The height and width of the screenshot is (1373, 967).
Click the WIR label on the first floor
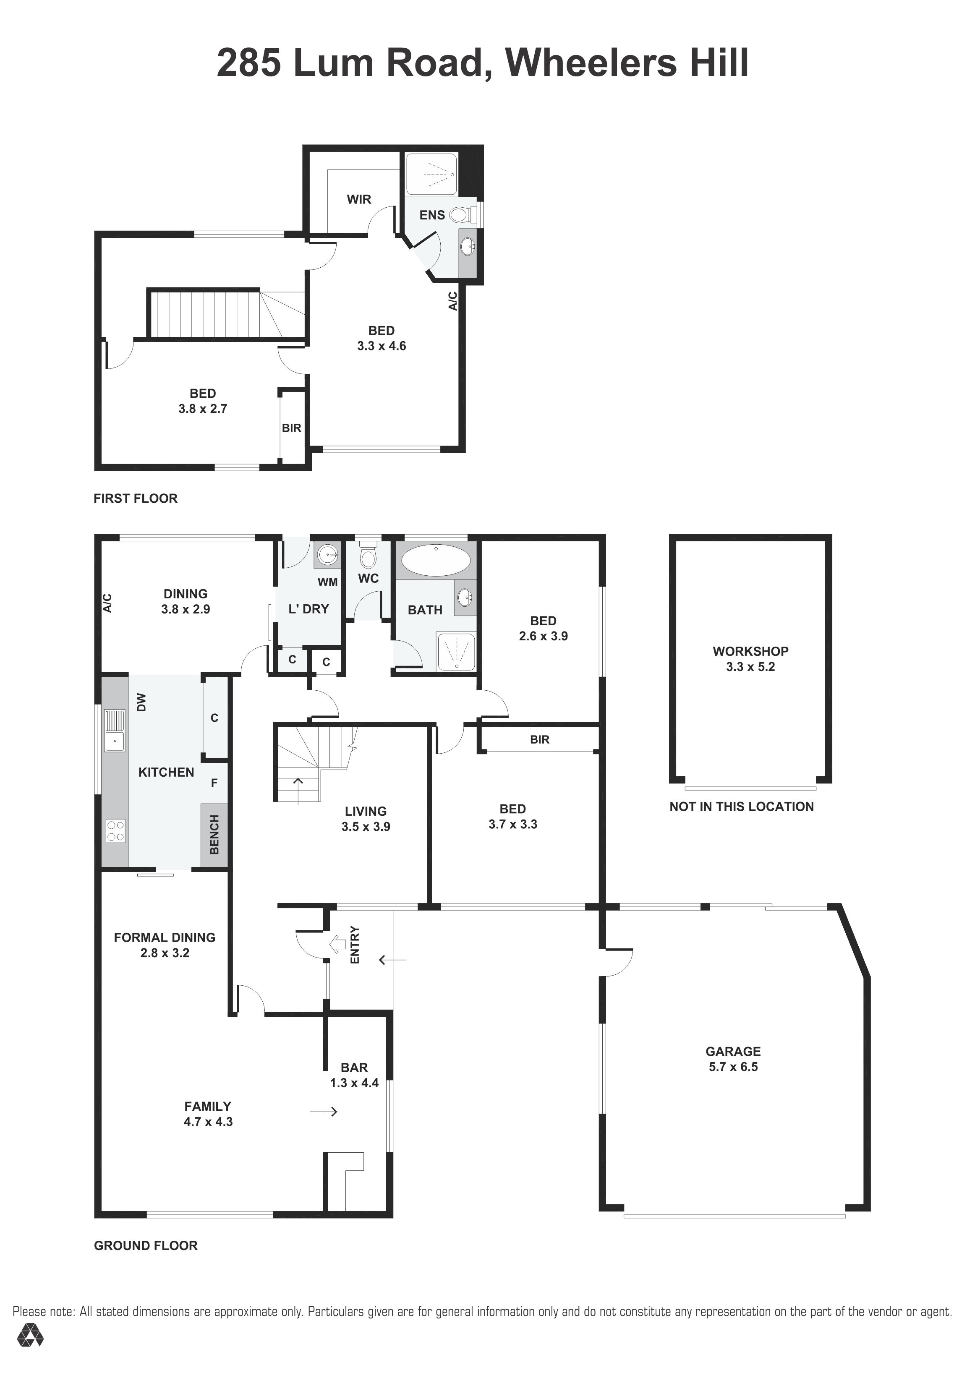pos(359,199)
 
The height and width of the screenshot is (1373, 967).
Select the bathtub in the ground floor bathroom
pos(435,560)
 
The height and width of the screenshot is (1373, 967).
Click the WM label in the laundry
pos(327,582)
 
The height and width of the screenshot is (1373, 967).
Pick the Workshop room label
pos(750,651)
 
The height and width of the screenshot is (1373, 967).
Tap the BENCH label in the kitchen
pos(214,835)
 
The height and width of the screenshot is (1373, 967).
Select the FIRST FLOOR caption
pos(136,498)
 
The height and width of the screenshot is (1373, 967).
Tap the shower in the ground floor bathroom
pos(457,651)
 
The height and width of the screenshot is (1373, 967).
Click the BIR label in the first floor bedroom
pos(291,428)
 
